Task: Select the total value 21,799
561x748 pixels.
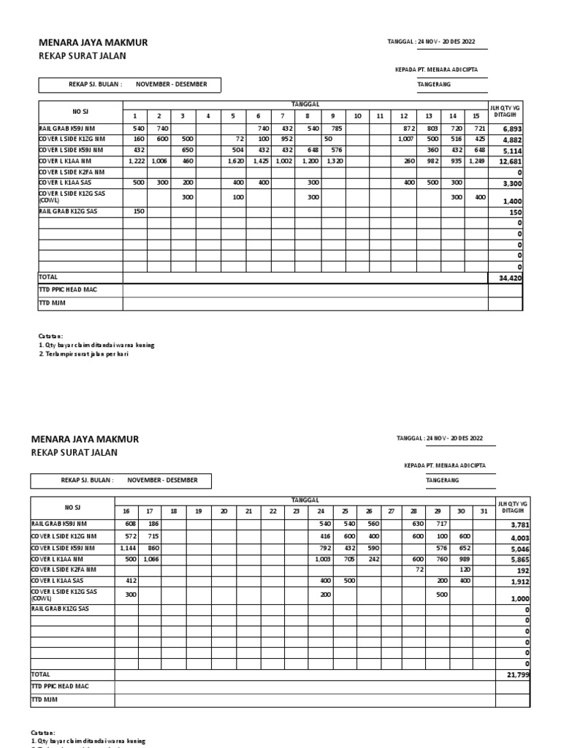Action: pos(516,675)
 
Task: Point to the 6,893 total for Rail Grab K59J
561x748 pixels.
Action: pos(511,129)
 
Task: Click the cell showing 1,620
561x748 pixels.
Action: pos(234,161)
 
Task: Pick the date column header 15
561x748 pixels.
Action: pos(476,116)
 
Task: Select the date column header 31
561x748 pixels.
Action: pos(483,511)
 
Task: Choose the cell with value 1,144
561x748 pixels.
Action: pos(126,547)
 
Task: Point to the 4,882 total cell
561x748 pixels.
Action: pos(511,140)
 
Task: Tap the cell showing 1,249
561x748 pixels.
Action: pos(476,161)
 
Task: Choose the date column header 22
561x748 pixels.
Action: pos(272,511)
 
